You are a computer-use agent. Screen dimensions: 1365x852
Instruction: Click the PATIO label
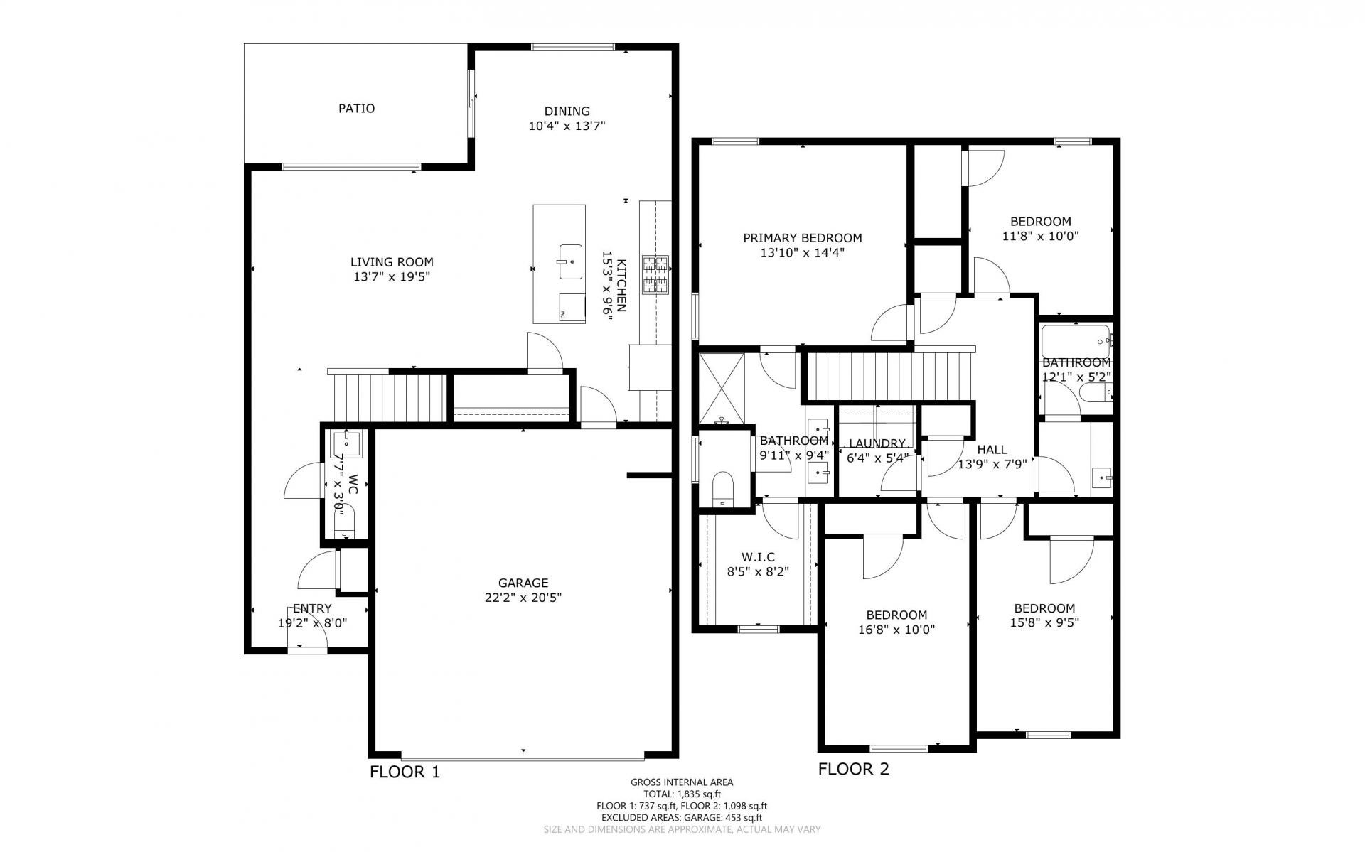[356, 109]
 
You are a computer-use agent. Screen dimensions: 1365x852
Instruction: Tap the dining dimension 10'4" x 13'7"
[567, 126]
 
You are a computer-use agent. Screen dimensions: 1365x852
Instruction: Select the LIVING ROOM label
[392, 262]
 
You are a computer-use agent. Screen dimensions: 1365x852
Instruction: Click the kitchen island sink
[570, 262]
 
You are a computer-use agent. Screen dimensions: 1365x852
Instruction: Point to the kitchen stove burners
[655, 275]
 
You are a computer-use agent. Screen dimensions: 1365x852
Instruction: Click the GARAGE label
[523, 583]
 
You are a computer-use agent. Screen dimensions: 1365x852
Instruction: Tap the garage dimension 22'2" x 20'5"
[523, 598]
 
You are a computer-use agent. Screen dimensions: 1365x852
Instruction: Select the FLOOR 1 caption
[405, 772]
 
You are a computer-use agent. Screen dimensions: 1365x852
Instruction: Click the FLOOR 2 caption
[854, 769]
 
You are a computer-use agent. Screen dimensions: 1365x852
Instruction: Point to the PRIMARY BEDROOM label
[803, 238]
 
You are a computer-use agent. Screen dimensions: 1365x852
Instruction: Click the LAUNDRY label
[877, 443]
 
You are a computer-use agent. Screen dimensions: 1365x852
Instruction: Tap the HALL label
[992, 450]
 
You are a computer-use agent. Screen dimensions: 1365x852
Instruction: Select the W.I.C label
[758, 557]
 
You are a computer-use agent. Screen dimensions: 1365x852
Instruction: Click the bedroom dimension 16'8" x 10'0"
[896, 630]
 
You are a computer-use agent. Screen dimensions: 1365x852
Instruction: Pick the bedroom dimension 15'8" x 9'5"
[1044, 623]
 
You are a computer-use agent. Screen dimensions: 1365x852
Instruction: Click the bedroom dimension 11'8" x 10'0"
[1041, 236]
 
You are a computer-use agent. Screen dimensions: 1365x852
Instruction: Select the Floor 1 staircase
[388, 396]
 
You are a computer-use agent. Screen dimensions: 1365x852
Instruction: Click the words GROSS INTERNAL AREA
[682, 782]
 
